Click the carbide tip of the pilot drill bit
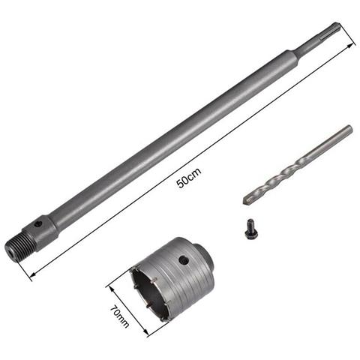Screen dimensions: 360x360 (x=248, y=199)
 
